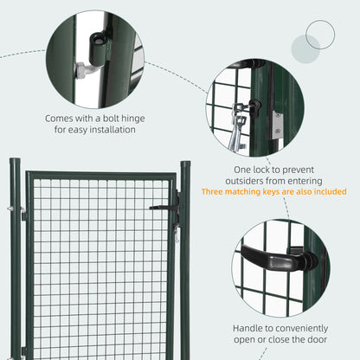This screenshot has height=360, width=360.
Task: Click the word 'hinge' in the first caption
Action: point(116,116)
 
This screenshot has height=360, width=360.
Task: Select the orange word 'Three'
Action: point(215,192)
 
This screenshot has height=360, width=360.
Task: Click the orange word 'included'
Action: point(328,192)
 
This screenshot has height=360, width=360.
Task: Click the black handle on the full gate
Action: point(163,207)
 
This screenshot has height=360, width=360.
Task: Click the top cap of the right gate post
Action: point(184,163)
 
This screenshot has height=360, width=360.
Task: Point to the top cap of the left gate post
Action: point(14,161)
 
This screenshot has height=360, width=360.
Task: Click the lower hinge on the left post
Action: point(22,350)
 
